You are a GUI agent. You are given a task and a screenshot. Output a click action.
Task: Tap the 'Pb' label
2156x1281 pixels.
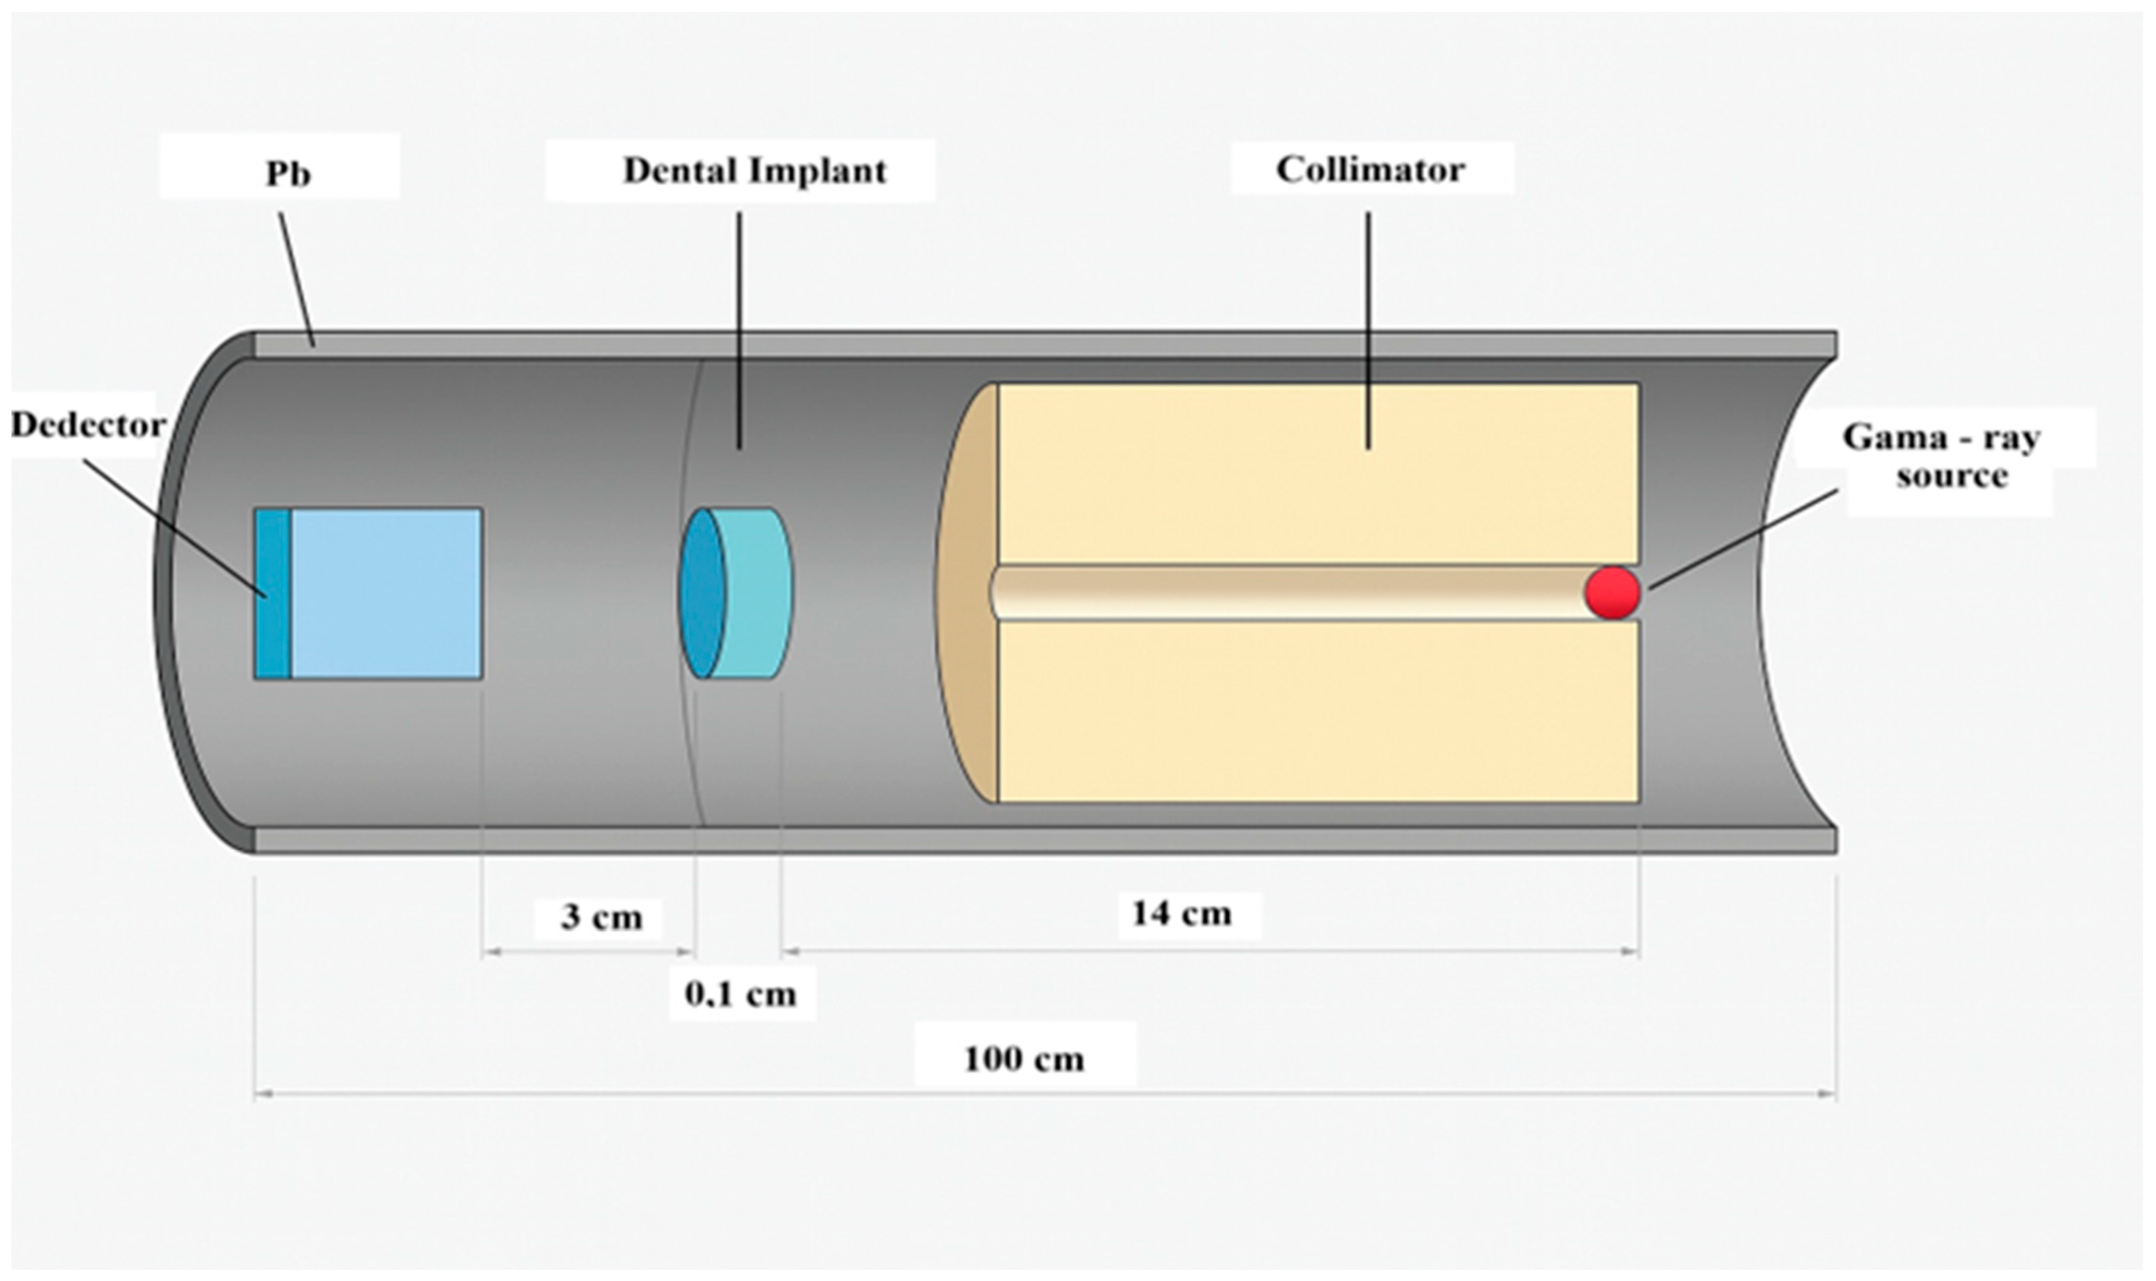[x=287, y=174]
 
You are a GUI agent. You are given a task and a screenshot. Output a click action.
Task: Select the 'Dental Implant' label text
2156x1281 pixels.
[x=754, y=171]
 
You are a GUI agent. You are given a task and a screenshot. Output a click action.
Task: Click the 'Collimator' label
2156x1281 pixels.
[x=1370, y=170]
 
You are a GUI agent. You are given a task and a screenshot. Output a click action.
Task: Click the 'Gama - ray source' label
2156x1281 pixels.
[x=1941, y=456]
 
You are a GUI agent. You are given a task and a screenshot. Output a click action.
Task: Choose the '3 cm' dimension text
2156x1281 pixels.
[x=602, y=917]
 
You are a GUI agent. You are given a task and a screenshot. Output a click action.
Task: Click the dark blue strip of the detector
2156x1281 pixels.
[x=273, y=594]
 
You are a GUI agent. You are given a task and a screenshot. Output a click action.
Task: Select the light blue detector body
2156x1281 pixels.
[x=386, y=594]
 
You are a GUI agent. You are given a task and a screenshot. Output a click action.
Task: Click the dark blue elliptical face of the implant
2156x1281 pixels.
[x=702, y=594]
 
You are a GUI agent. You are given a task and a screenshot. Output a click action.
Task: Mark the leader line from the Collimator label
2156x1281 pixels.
[x=1368, y=328]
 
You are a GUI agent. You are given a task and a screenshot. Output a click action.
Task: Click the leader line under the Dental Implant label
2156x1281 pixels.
[x=739, y=328]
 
